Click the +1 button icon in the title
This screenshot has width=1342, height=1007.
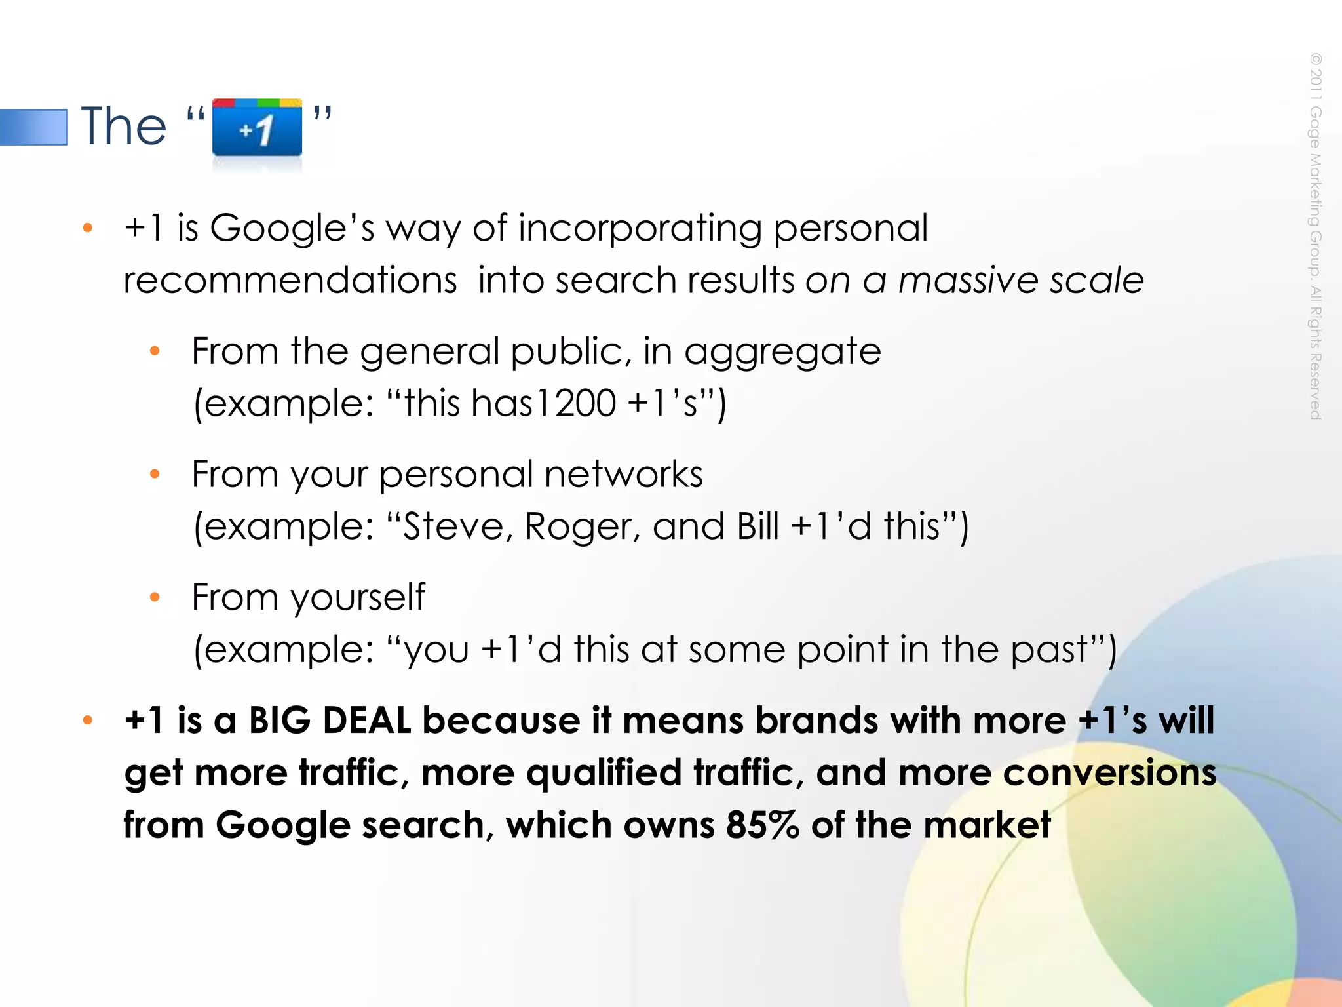click(257, 128)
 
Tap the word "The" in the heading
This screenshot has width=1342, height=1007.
click(124, 126)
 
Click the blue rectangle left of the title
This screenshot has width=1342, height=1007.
click(33, 127)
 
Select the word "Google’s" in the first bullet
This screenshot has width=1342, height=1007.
click(292, 229)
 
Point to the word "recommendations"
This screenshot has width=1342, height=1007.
click(290, 281)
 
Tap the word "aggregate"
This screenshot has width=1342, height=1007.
click(782, 352)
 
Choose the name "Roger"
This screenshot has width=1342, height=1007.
click(581, 526)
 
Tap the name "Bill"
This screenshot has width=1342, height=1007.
click(758, 526)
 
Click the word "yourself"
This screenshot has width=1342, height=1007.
click(358, 598)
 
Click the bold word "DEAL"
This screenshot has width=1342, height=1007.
click(367, 721)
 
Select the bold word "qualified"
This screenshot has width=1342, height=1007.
click(604, 773)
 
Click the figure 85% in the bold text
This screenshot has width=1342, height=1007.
click(763, 825)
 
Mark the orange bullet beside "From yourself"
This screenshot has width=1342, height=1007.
click(155, 597)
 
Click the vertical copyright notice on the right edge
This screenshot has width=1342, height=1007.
click(1315, 236)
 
